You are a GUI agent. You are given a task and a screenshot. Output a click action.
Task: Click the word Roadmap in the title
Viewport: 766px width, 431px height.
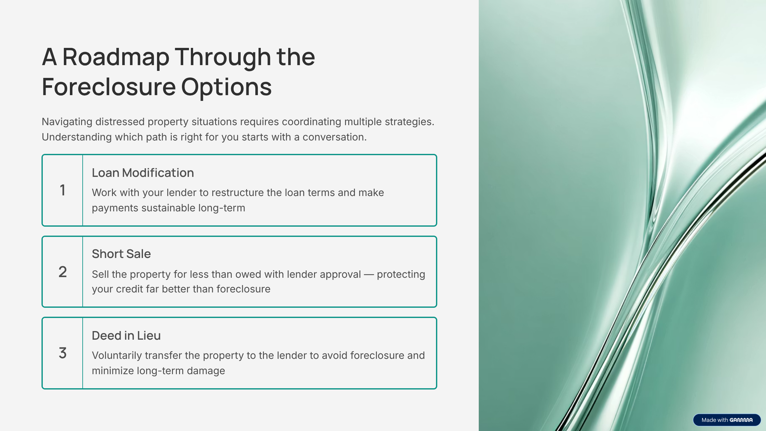tap(116, 57)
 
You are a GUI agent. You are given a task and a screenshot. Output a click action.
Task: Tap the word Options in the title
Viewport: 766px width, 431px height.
tap(226, 87)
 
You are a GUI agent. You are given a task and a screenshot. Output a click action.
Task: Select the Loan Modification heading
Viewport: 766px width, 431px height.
tap(143, 173)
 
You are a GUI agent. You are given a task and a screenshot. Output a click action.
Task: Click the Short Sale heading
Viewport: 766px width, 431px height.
tap(121, 254)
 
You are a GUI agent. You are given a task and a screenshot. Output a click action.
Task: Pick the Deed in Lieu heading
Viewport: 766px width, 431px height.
tap(126, 336)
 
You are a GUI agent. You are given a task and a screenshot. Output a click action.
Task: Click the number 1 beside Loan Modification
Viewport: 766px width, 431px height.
tap(63, 190)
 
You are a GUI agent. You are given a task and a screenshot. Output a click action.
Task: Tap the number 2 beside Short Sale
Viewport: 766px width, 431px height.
tap(63, 272)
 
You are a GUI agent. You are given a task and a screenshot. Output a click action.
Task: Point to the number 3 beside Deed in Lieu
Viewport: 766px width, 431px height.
tap(63, 353)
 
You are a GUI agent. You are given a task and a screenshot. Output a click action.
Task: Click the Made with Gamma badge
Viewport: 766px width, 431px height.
tap(727, 420)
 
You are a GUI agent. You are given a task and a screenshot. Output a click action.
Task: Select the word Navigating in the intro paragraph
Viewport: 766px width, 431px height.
tap(67, 122)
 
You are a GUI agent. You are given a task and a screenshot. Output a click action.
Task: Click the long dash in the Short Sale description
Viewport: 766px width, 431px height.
tap(369, 275)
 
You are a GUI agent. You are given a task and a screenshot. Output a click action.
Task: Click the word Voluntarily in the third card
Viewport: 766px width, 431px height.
tap(116, 356)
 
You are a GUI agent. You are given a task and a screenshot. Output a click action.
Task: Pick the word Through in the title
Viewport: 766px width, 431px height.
tap(223, 57)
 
